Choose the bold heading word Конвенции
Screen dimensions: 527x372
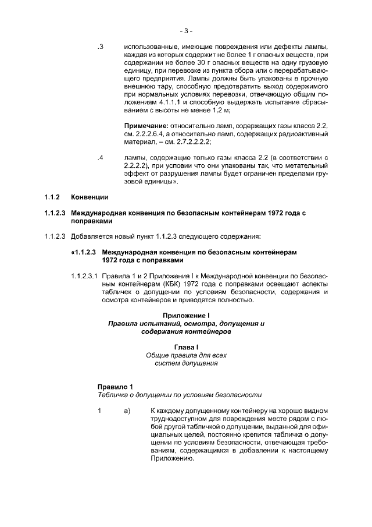90,198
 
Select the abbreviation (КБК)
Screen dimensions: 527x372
171,284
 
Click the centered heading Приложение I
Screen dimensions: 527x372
186,315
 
